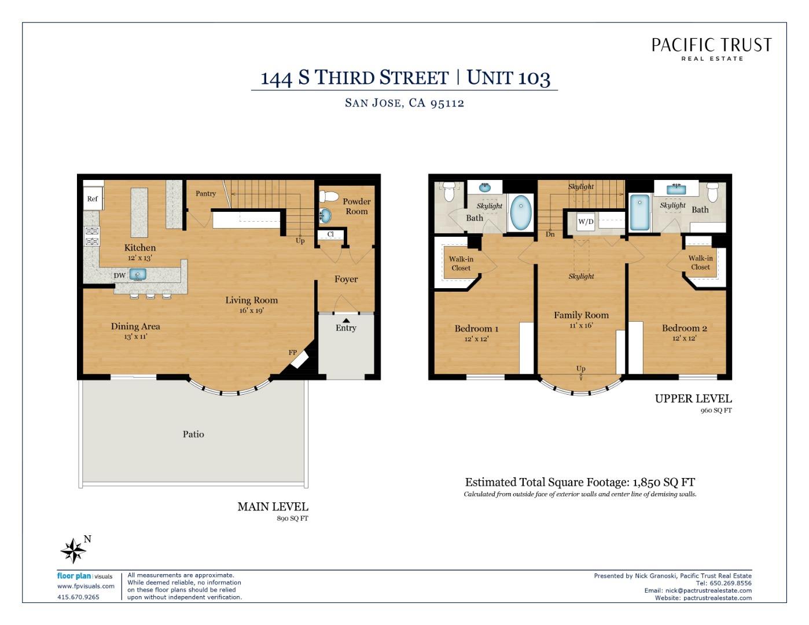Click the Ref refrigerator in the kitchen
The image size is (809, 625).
pos(93,198)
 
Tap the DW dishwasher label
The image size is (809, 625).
pos(120,276)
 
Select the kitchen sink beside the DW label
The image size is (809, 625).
pos(138,275)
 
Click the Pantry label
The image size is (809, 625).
pos(206,193)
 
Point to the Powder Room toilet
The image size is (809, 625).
pos(329,196)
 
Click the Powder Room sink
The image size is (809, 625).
pos(325,215)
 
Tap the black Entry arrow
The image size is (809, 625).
pos(346,320)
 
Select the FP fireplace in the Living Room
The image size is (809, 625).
pos(300,359)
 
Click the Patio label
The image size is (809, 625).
pos(193,434)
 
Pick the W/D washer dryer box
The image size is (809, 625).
pos(586,222)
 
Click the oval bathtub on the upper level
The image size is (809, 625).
pos(521,212)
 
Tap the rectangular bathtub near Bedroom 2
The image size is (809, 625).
pos(639,212)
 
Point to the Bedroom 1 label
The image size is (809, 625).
pos(476,329)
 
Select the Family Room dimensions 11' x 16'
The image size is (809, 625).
pos(581,325)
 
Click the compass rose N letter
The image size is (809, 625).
pos(87,539)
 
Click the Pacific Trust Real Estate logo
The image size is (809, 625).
pos(711,49)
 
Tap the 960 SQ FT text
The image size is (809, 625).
pos(716,410)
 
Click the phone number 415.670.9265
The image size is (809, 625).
pos(78,597)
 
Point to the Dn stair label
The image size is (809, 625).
pos(550,234)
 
